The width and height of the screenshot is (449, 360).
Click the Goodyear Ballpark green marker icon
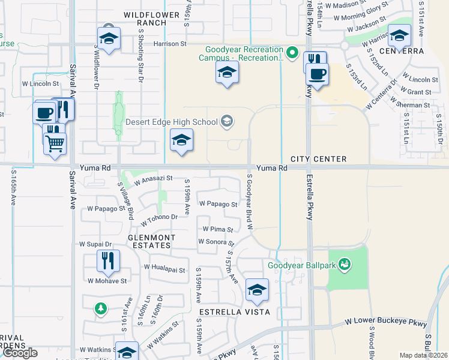coord(345,263)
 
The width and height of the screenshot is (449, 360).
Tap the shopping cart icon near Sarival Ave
coord(55,143)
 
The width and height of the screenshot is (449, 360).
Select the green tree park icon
coord(101,309)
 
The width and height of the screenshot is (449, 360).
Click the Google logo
coord(19,353)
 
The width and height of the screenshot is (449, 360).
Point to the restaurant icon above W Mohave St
coord(109,260)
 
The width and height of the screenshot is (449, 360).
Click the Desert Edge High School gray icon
coord(226,122)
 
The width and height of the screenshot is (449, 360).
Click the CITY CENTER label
coord(318,159)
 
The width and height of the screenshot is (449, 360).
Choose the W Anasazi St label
coord(153,178)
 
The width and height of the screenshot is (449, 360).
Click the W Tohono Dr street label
coord(160,220)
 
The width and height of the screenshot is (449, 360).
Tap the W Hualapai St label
coord(165,267)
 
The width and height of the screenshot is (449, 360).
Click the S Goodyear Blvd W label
coord(248,203)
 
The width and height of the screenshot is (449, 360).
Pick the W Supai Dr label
coord(95,245)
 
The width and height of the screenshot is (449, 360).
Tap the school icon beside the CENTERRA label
coord(399,36)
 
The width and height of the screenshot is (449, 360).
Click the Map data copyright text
coord(423,355)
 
